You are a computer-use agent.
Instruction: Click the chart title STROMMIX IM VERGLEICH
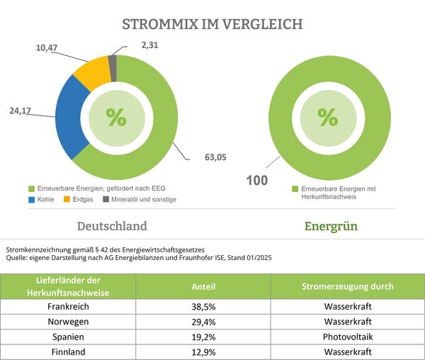click(212, 24)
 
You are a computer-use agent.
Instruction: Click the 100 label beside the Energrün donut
click(256, 180)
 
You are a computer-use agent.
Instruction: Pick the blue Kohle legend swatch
click(32, 200)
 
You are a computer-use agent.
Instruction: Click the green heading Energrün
click(330, 227)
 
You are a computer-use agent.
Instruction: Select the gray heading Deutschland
click(112, 227)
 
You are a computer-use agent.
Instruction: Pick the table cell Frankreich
click(68, 308)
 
